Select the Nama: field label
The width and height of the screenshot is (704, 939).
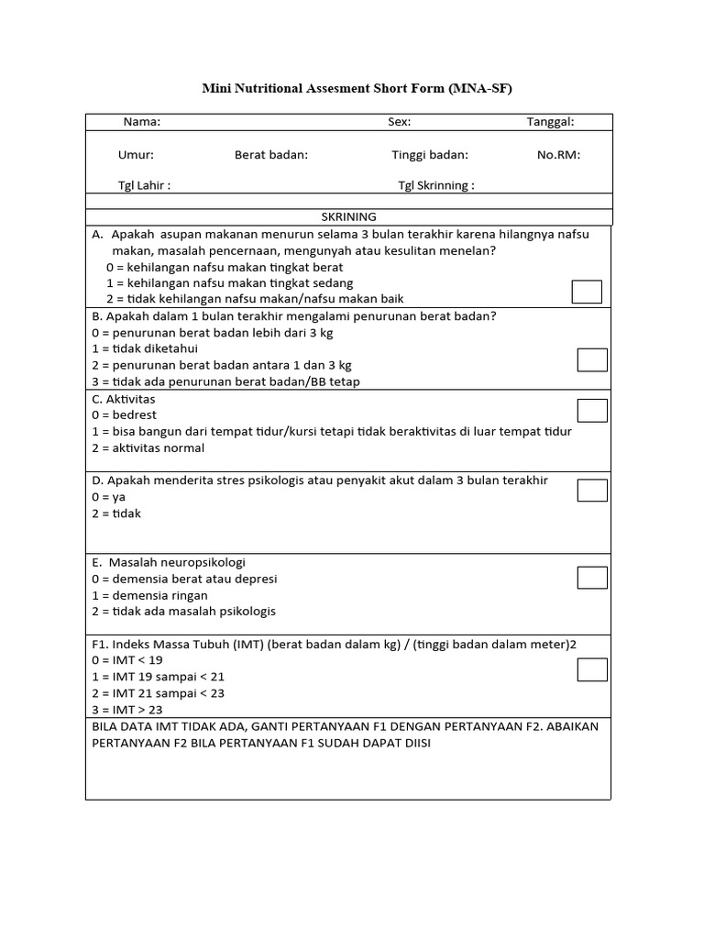point(142,122)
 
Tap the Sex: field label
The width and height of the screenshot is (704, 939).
point(399,122)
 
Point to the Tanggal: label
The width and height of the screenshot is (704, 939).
point(550,122)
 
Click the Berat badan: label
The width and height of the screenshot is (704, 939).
point(271,155)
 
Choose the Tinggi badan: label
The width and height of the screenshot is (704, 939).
point(430,155)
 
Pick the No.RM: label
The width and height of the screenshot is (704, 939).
point(558,155)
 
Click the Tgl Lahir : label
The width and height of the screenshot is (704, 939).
point(144,185)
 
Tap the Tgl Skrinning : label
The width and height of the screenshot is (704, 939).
point(435,185)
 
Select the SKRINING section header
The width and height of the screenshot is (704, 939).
point(348,217)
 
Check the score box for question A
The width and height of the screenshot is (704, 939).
point(587,292)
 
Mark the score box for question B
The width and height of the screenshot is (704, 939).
point(592,360)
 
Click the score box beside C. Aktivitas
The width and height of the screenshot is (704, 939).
point(592,411)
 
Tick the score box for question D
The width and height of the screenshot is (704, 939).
point(592,491)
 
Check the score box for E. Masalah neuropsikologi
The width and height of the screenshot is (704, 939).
point(592,577)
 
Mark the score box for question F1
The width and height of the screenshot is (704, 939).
point(592,670)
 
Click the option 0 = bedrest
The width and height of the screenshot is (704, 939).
point(124,415)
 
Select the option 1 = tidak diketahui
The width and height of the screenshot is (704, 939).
point(145,348)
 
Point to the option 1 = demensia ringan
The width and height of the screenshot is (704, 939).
point(149,595)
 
